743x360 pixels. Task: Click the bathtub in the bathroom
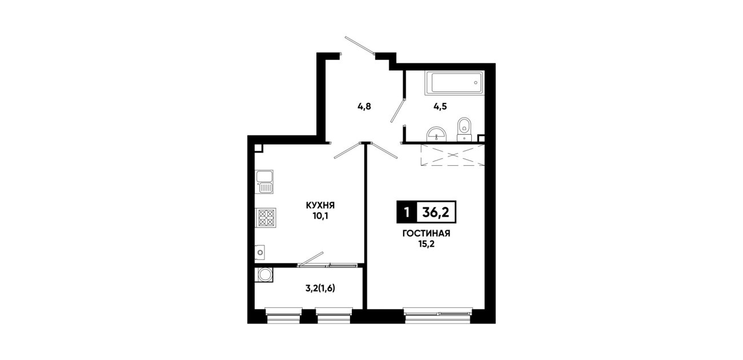455,83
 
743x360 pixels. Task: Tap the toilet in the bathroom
464,129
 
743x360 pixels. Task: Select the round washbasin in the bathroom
437,134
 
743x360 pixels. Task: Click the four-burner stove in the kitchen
266,218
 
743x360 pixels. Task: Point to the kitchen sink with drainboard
264,182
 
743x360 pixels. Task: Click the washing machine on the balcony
264,275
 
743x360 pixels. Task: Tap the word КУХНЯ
320,205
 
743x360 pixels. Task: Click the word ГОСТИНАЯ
426,234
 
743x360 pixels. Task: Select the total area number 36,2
436,211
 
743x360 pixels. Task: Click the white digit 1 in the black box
406,212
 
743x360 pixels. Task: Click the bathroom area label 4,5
440,106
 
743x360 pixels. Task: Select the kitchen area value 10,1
320,216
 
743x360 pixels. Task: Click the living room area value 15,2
426,244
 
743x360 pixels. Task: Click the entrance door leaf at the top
360,45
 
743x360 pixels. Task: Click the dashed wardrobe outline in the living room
452,155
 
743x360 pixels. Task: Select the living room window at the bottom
438,316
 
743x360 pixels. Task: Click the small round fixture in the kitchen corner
260,253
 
